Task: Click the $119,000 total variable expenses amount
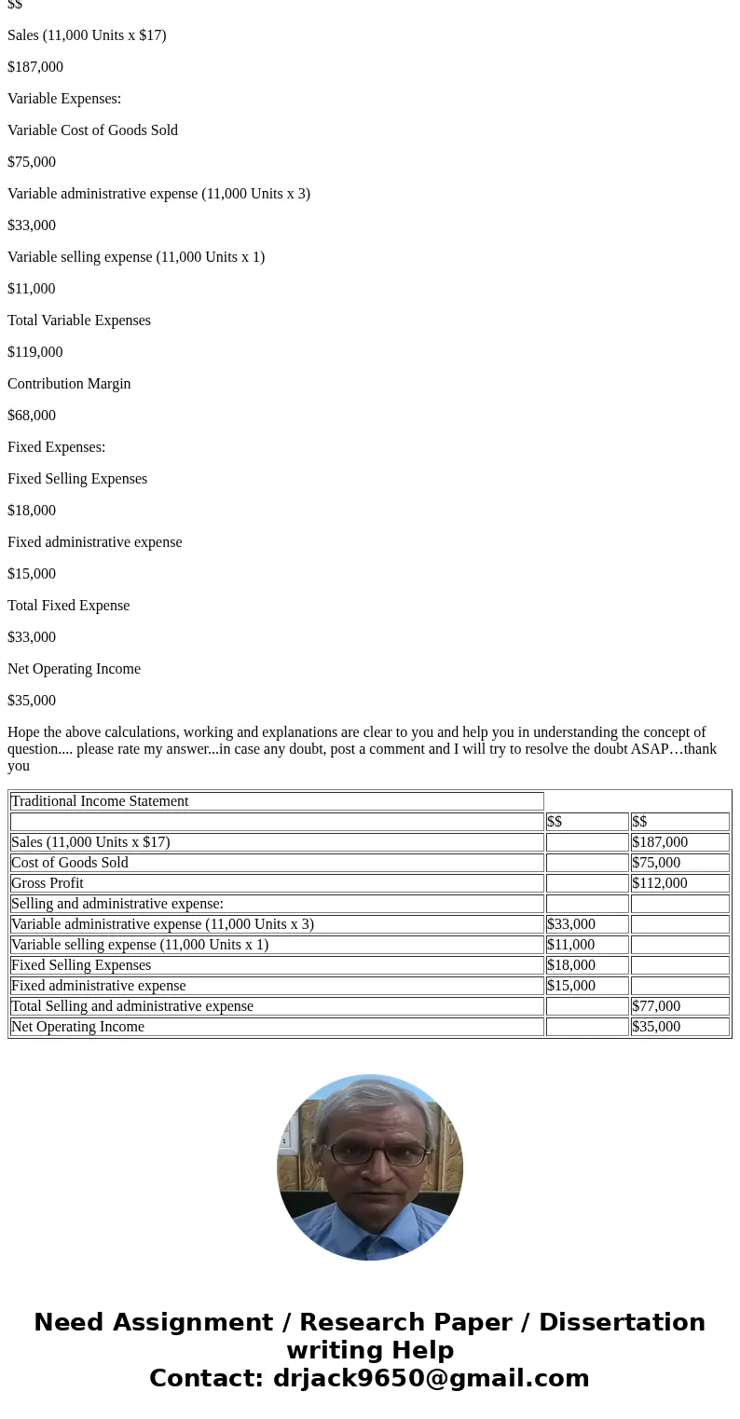click(35, 352)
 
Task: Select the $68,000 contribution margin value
click(32, 416)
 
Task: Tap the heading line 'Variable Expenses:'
click(64, 99)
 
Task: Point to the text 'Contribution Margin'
click(69, 384)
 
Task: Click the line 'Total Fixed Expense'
click(68, 606)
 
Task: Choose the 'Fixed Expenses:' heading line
click(56, 447)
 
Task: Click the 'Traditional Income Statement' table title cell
click(100, 801)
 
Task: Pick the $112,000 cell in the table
click(660, 883)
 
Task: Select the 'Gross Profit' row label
click(48, 883)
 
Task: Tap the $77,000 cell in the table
click(656, 1006)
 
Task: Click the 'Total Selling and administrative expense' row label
click(132, 1006)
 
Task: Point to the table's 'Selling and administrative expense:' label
click(117, 904)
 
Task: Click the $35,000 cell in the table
click(656, 1027)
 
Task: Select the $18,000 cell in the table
click(571, 965)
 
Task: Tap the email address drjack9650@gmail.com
click(431, 1379)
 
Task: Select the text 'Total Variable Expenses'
click(79, 321)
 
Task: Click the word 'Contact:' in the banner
click(206, 1379)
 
